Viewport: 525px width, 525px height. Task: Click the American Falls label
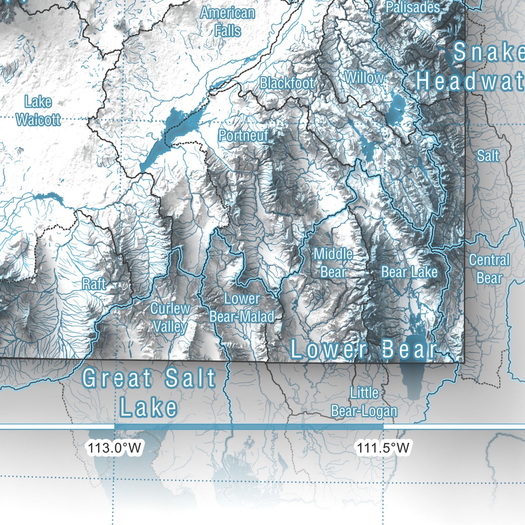coord(227,22)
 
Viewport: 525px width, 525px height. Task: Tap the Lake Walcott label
coord(38,110)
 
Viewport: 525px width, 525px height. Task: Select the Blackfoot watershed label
coord(287,83)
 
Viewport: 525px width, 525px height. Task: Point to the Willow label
coord(364,77)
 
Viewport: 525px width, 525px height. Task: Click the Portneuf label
coord(243,136)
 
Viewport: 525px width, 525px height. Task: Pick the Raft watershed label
coord(94,284)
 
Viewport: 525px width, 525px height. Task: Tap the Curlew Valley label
coord(170,318)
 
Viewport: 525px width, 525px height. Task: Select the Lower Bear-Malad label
coord(242,307)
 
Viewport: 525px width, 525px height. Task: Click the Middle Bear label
coord(333,263)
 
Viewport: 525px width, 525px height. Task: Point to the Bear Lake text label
coord(409,272)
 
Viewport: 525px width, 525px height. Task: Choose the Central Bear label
coord(489,269)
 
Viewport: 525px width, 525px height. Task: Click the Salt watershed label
coord(488,156)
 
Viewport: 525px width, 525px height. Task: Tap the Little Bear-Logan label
coord(364,402)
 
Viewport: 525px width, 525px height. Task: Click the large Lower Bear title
coord(363,350)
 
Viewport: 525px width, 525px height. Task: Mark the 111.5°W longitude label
coord(383,448)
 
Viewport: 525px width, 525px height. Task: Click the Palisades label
coord(412,7)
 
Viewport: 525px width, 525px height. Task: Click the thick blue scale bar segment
coord(249,427)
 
